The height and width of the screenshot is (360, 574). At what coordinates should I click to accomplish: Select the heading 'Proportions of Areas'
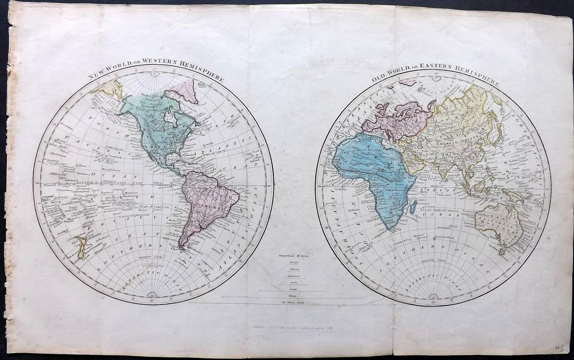click(x=295, y=256)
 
